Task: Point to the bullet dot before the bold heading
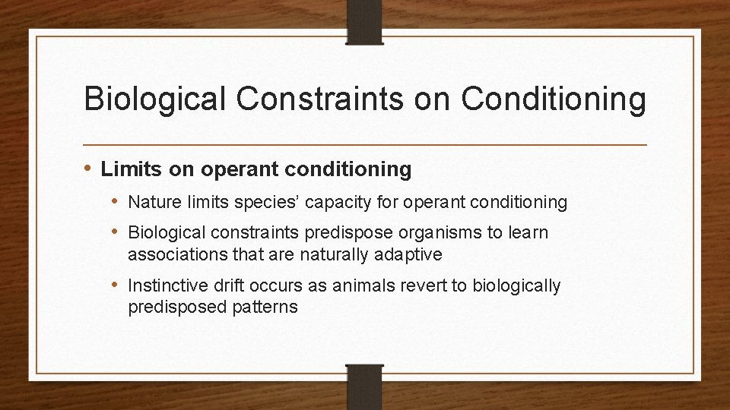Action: tap(89, 169)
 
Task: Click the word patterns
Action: tap(266, 307)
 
